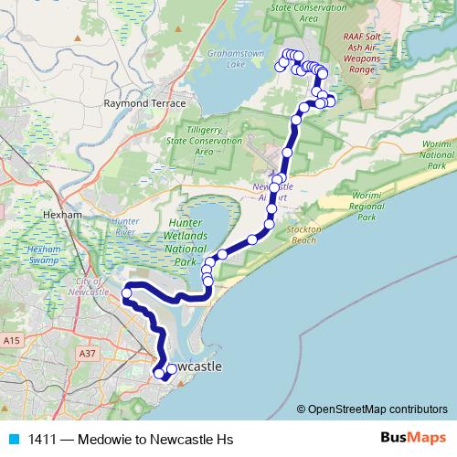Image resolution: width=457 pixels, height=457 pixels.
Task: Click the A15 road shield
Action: click(12, 340)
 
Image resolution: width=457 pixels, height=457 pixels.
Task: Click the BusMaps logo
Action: click(409, 439)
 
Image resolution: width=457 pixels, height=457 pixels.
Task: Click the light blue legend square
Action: click(13, 440)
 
